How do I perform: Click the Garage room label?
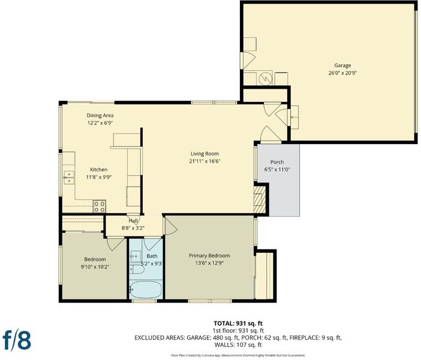pos(342,65)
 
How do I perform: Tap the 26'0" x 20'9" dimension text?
pos(342,73)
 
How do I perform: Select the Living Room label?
pos(205,154)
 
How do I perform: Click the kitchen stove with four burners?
pos(100,206)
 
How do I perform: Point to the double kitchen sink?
pos(69,178)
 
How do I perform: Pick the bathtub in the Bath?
pos(146,290)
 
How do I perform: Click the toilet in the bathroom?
pos(137,269)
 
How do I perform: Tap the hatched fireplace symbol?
pos(259,199)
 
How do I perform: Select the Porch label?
pos(277,162)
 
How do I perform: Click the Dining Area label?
pos(100,116)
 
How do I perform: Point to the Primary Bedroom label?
pos(209,256)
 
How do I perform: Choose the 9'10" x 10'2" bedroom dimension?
pos(95,267)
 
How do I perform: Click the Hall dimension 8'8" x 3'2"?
pos(133,229)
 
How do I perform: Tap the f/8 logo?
pos(17,340)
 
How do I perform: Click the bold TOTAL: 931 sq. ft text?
pos(238,323)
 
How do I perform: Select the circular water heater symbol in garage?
pos(266,78)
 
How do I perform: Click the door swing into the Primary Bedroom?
pos(171,226)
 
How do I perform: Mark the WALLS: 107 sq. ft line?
pos(238,344)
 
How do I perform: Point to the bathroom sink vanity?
pos(136,256)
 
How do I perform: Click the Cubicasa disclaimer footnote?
pos(238,355)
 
